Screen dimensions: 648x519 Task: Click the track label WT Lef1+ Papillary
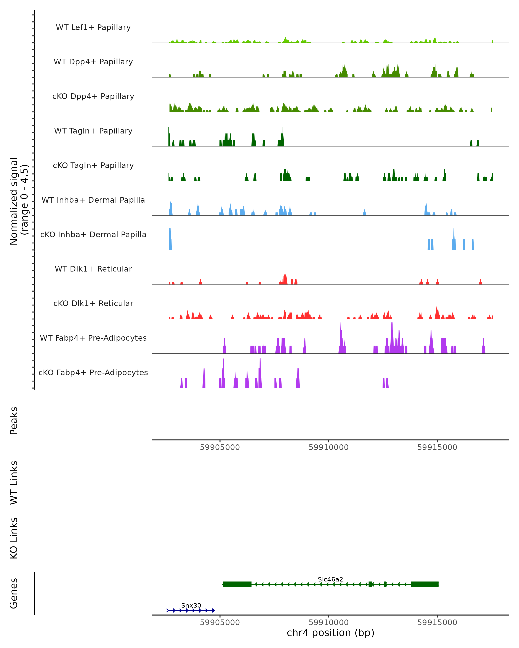(x=93, y=27)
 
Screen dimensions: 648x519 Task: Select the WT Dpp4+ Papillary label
(x=93, y=62)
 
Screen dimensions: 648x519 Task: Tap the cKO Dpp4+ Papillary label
(x=93, y=97)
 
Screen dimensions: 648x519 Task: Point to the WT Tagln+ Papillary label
(x=93, y=131)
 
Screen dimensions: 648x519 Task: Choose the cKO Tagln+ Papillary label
(x=93, y=166)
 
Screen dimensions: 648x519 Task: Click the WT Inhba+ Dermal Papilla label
(x=93, y=200)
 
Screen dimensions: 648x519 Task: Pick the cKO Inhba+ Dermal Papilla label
(x=93, y=235)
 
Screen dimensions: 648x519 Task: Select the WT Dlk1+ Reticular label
(x=93, y=269)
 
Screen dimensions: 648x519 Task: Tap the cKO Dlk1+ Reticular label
(x=93, y=303)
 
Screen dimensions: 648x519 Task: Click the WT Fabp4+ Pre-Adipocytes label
(x=93, y=338)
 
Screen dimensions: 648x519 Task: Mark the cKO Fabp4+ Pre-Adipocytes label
(x=93, y=373)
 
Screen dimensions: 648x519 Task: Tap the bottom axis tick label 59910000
(x=328, y=623)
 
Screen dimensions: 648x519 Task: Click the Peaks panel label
(x=14, y=421)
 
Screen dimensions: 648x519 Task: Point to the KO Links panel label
(x=14, y=538)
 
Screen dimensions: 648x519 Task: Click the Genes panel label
(x=14, y=593)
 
